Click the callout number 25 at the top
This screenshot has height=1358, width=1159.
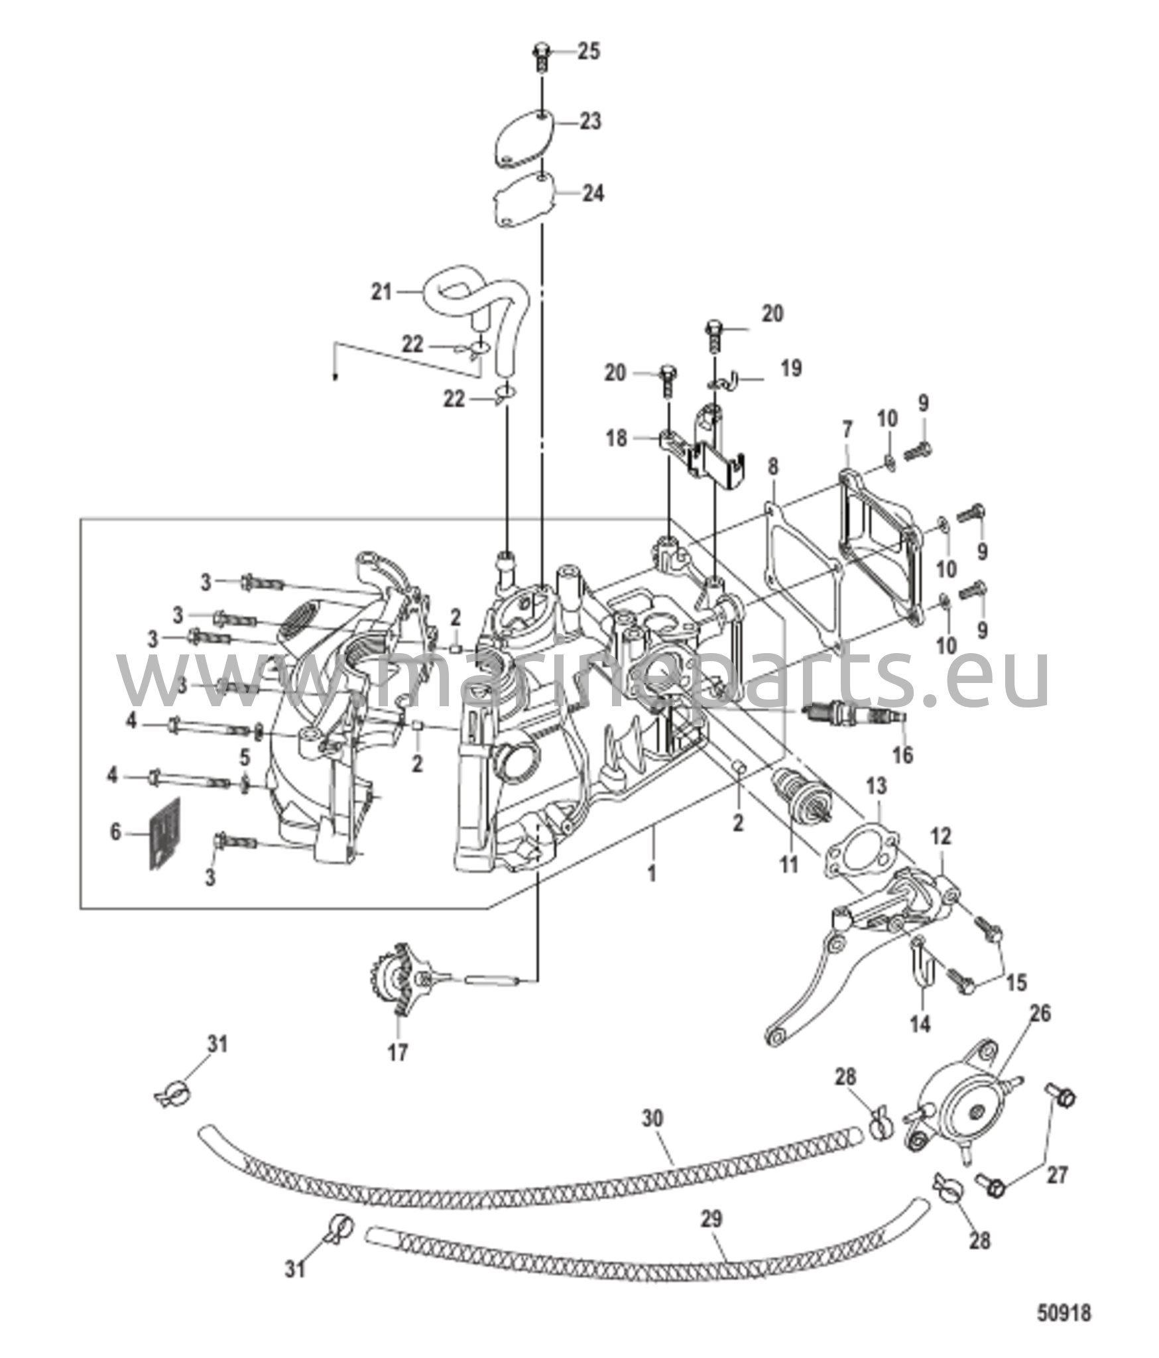point(588,51)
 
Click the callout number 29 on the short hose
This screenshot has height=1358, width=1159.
point(711,1219)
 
